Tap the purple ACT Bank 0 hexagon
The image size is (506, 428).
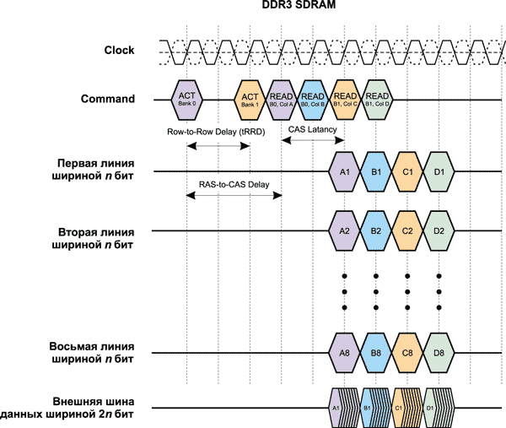coord(186,100)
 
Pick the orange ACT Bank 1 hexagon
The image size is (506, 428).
coord(250,100)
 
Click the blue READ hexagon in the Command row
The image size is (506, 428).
coord(313,100)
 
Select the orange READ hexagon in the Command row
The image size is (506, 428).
coord(344,100)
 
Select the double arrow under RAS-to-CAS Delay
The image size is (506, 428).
coord(234,195)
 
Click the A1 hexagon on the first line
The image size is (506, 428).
coord(344,172)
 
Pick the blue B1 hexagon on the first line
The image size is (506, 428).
coord(376,172)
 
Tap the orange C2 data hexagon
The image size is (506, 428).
coord(407,230)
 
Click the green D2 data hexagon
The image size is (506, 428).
coord(439,230)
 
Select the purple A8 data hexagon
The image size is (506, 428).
coord(344,353)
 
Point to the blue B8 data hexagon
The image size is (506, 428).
coord(376,353)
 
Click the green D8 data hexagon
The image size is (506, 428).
coord(439,353)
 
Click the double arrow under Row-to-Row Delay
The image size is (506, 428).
coord(218,146)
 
